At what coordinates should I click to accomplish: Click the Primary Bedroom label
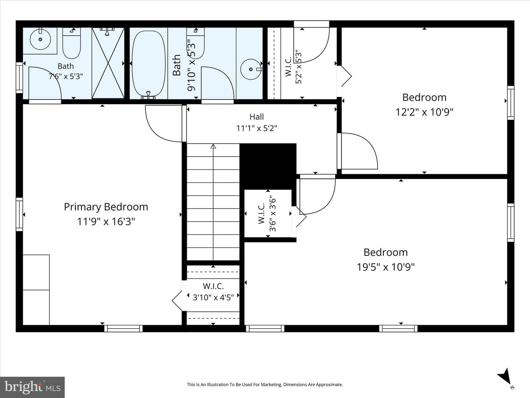106,207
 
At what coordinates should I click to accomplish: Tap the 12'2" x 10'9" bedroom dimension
424,112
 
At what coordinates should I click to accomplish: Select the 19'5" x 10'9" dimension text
386,267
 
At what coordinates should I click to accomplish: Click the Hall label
257,117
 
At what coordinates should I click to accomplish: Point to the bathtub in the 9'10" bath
149,63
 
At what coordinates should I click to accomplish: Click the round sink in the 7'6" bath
40,39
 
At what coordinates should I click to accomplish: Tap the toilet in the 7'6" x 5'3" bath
71,43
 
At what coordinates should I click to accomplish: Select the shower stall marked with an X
108,63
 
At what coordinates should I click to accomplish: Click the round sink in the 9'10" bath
251,69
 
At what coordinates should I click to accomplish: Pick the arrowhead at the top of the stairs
213,146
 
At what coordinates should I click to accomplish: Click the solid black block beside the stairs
268,167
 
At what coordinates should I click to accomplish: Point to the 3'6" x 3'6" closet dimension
273,215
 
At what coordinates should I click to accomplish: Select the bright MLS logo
32,387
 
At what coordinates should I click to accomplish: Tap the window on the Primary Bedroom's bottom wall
123,328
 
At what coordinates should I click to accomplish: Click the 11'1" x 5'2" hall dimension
257,128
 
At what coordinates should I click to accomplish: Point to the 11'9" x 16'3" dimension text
106,221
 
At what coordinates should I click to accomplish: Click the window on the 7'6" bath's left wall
19,77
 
